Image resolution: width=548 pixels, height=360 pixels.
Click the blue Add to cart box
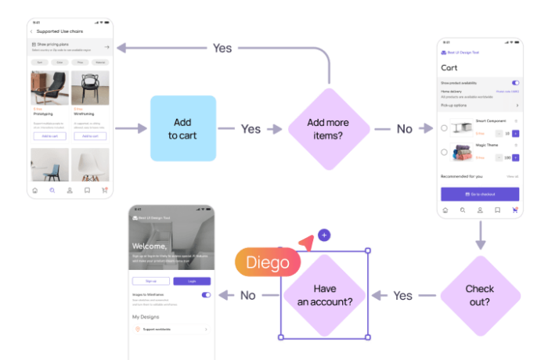click(x=183, y=128)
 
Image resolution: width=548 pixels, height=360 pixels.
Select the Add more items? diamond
click(x=329, y=128)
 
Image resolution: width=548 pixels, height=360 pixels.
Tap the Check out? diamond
click(x=480, y=295)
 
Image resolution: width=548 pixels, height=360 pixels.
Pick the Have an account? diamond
click(x=324, y=295)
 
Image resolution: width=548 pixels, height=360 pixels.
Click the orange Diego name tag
click(x=268, y=263)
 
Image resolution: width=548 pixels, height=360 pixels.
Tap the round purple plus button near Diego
click(x=324, y=235)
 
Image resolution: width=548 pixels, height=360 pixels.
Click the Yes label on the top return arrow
click(x=222, y=48)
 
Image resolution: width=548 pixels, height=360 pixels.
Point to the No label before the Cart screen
click(x=403, y=128)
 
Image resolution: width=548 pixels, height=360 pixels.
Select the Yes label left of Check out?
click(x=403, y=295)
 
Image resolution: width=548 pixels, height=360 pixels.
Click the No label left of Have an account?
click(x=247, y=295)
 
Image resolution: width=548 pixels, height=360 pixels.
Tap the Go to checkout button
click(x=480, y=193)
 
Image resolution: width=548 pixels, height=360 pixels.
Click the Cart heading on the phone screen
click(x=449, y=68)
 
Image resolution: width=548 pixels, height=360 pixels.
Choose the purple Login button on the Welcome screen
click(x=192, y=281)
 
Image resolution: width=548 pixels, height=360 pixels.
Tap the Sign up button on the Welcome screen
click(x=151, y=281)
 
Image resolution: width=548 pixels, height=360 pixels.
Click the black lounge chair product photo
click(x=49, y=88)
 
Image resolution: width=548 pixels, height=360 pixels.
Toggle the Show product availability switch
click(x=515, y=82)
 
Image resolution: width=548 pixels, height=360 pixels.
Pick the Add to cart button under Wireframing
click(x=89, y=136)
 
